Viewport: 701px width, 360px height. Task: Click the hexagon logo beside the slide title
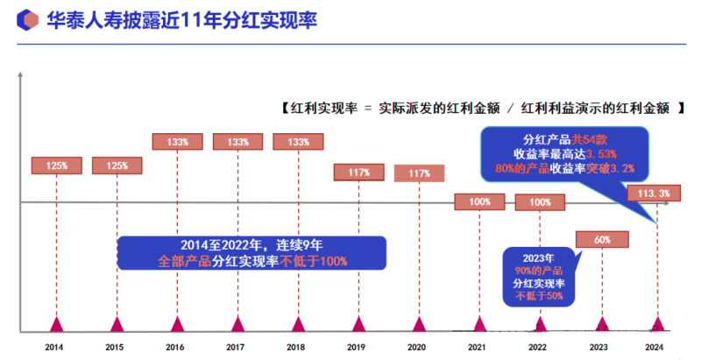(29, 19)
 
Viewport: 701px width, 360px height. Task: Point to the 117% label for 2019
(358, 173)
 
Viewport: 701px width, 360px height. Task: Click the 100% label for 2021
(479, 202)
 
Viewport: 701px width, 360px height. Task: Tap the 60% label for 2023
(601, 239)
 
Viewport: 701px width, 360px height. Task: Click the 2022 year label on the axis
(540, 348)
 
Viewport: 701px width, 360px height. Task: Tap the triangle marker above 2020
(419, 325)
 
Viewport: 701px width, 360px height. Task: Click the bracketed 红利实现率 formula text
(478, 109)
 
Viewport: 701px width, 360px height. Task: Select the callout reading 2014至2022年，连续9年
(251, 253)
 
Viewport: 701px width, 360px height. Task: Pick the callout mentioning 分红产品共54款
(564, 153)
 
